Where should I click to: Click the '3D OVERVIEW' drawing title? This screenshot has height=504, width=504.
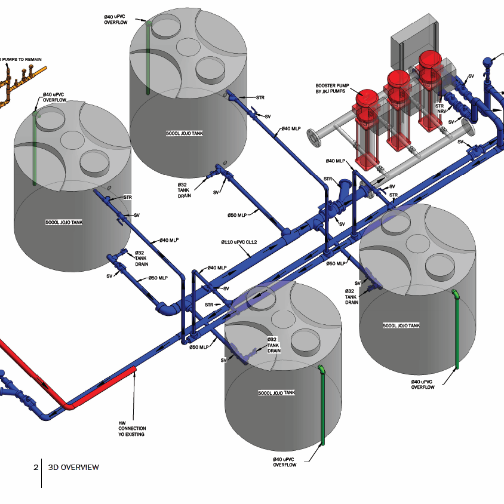[x=73, y=468]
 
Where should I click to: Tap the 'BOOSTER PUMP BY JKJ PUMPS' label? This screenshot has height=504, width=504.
[x=332, y=88]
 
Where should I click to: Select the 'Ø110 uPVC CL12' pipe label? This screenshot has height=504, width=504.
[x=239, y=242]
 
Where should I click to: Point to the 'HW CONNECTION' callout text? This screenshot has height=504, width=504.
[x=132, y=429]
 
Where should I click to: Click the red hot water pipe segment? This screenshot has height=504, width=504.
[x=103, y=386]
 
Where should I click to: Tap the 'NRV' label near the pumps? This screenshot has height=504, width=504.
[x=442, y=111]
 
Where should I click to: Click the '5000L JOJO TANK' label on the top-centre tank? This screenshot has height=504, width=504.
[x=185, y=133]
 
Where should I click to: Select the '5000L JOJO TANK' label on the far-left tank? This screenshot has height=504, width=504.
[x=64, y=222]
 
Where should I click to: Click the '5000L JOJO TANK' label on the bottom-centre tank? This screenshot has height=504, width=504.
[x=276, y=393]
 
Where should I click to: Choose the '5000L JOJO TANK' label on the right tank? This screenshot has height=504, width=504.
[x=401, y=325]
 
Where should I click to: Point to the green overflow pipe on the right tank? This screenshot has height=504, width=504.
[x=457, y=329]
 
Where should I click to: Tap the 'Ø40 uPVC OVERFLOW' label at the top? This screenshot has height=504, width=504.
[x=116, y=20]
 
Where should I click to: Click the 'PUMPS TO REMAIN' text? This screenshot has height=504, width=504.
[x=22, y=60]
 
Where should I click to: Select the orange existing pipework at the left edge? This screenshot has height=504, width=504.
[x=19, y=84]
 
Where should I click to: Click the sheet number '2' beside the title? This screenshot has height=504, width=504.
[x=36, y=468]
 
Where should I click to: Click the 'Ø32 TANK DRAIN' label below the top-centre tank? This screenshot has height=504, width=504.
[x=185, y=190]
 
